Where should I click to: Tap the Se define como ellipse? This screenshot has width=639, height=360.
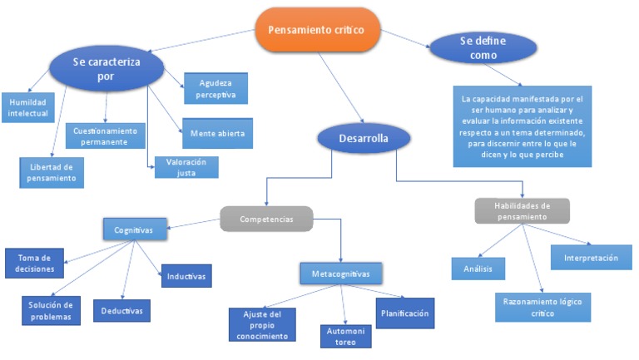pyautogui.click(x=478, y=47)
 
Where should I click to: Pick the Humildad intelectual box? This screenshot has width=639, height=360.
pyautogui.click(x=28, y=107)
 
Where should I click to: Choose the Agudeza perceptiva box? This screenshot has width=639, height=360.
pyautogui.click(x=216, y=89)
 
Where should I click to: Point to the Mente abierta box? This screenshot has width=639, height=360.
pyautogui.click(x=216, y=133)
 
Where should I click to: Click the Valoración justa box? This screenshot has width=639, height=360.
pyautogui.click(x=186, y=167)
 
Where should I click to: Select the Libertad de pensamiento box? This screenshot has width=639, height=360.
pyautogui.click(x=52, y=172)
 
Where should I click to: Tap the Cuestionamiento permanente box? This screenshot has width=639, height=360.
pyautogui.click(x=105, y=136)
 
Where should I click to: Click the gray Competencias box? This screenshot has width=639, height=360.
pyautogui.click(x=266, y=219)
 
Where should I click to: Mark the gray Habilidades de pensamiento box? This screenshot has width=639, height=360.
pyautogui.click(x=522, y=211)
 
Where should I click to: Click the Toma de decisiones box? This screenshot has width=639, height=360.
pyautogui.click(x=34, y=263)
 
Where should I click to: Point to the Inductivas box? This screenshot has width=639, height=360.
pyautogui.click(x=186, y=275)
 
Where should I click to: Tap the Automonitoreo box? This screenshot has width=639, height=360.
pyautogui.click(x=345, y=336)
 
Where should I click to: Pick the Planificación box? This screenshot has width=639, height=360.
pyautogui.click(x=404, y=313)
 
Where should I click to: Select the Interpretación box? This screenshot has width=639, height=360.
pyautogui.click(x=591, y=258)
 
